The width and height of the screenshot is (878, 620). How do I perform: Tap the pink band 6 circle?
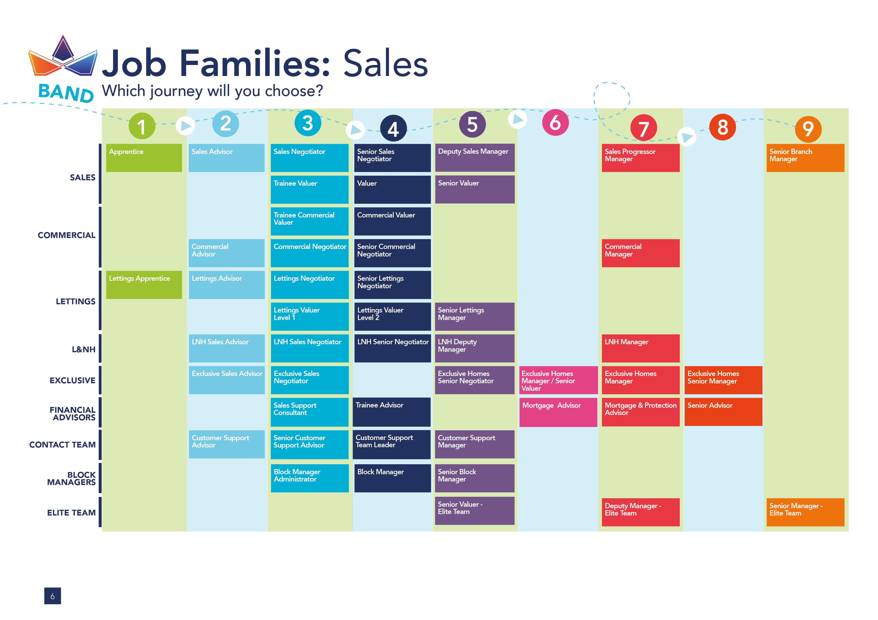coord(555,122)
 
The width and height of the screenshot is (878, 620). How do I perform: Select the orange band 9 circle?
coord(808,129)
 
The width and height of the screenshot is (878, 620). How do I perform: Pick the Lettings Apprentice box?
coord(144,284)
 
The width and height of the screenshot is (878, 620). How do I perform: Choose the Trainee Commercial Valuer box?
coord(309,221)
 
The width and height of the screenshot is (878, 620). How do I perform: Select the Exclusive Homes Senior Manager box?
coord(723,380)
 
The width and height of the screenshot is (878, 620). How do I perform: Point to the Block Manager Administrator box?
coord(309,478)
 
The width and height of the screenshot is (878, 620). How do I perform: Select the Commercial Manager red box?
coord(640,253)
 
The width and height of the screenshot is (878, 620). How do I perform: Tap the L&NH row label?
coord(84,349)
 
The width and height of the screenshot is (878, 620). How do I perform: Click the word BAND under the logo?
coord(66,93)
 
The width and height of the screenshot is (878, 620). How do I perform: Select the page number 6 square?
coord(52,596)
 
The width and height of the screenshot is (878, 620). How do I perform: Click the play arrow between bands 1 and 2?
coord(185,125)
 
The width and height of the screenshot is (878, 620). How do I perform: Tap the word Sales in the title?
coord(385,64)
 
